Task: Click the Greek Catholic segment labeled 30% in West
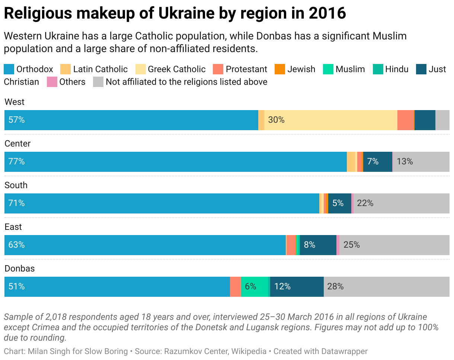click(x=330, y=120)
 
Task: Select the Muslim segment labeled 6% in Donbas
click(x=254, y=287)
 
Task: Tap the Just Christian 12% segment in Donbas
click(x=297, y=287)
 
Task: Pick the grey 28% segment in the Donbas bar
click(x=386, y=287)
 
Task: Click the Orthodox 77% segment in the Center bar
click(x=175, y=162)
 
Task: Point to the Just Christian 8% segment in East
click(x=318, y=245)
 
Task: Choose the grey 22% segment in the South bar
click(x=401, y=203)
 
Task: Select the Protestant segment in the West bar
click(x=406, y=120)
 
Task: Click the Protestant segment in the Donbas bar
click(x=235, y=287)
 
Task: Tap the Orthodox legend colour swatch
click(x=9, y=69)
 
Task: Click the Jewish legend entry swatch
click(x=279, y=69)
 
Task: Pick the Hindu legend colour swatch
click(x=378, y=69)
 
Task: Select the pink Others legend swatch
click(x=52, y=82)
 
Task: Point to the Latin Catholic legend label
click(x=100, y=69)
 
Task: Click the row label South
click(x=16, y=185)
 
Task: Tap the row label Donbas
click(x=19, y=269)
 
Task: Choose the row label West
click(x=15, y=102)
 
